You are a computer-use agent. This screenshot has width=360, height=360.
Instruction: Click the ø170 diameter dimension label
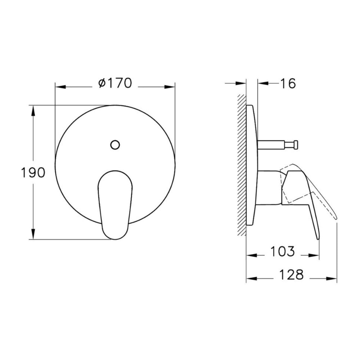(x=115, y=83)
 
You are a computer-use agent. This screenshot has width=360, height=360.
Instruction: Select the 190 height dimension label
(x=33, y=172)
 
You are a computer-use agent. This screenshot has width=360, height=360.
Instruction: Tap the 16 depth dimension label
(x=288, y=84)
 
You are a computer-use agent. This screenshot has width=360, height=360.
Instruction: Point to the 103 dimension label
(x=283, y=251)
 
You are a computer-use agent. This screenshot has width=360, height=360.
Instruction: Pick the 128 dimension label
(x=292, y=275)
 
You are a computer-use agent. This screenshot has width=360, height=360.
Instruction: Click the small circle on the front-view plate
(x=115, y=145)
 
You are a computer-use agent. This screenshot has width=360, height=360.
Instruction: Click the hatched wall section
(x=242, y=165)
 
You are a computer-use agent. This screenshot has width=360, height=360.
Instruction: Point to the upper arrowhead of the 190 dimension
(x=33, y=111)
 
